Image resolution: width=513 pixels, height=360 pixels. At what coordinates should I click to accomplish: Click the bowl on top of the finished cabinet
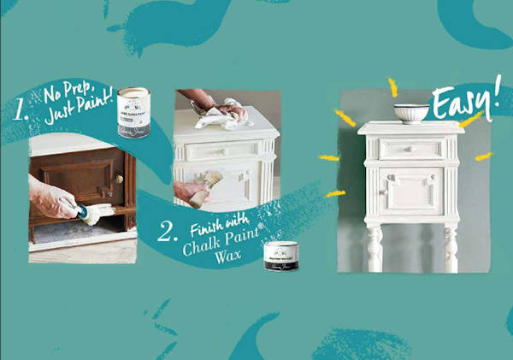(410, 112)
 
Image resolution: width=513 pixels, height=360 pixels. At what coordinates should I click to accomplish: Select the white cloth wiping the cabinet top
(220, 116)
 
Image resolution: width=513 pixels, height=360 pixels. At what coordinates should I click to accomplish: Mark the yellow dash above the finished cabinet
(393, 86)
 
